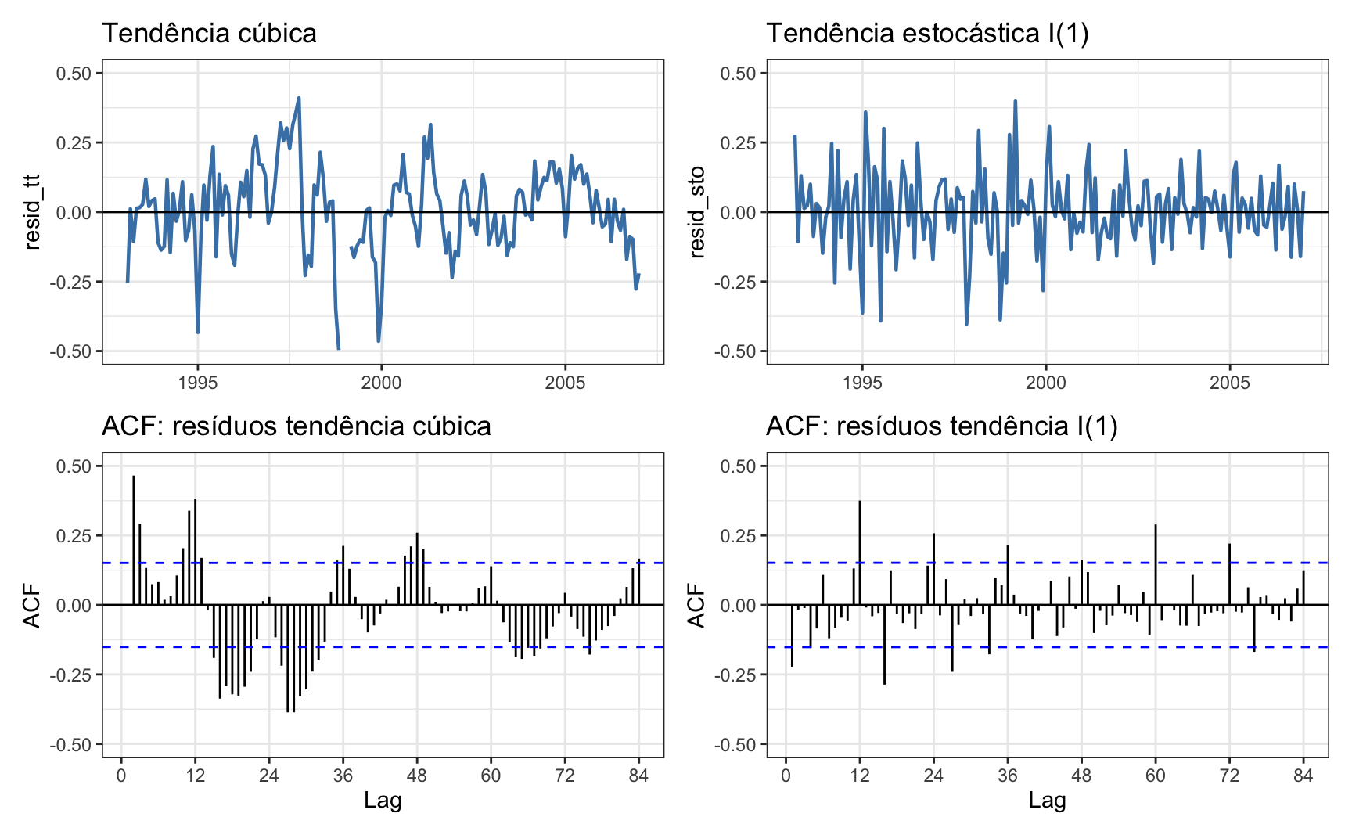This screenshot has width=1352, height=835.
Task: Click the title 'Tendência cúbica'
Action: point(209,33)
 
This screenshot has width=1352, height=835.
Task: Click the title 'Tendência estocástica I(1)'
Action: point(927,33)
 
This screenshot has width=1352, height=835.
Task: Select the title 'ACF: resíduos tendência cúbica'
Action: point(297,426)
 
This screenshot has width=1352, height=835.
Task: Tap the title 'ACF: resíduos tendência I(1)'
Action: point(942,426)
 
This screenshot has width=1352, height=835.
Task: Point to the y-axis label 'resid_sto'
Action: point(696,211)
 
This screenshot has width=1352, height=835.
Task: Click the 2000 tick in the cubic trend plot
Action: point(381,383)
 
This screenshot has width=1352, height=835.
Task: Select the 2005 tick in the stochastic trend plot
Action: point(1229,383)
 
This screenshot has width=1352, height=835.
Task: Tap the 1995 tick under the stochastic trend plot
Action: point(862,383)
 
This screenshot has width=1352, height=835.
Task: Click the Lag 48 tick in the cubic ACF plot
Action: point(417,776)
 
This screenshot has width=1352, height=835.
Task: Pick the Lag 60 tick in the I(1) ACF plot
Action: point(1156,776)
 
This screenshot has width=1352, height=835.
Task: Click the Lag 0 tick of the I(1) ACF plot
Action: point(786,776)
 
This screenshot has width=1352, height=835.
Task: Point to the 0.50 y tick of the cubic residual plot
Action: point(74,74)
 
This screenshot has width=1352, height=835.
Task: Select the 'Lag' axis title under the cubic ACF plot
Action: point(383,800)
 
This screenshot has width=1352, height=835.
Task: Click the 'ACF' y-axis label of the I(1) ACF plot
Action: point(696,605)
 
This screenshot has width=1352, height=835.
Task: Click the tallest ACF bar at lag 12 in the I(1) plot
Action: point(860,548)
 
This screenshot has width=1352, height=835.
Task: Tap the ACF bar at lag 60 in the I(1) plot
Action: point(1156,563)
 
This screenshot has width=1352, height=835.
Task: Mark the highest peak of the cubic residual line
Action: point(299,99)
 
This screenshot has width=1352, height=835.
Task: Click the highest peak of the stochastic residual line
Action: point(1016,102)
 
